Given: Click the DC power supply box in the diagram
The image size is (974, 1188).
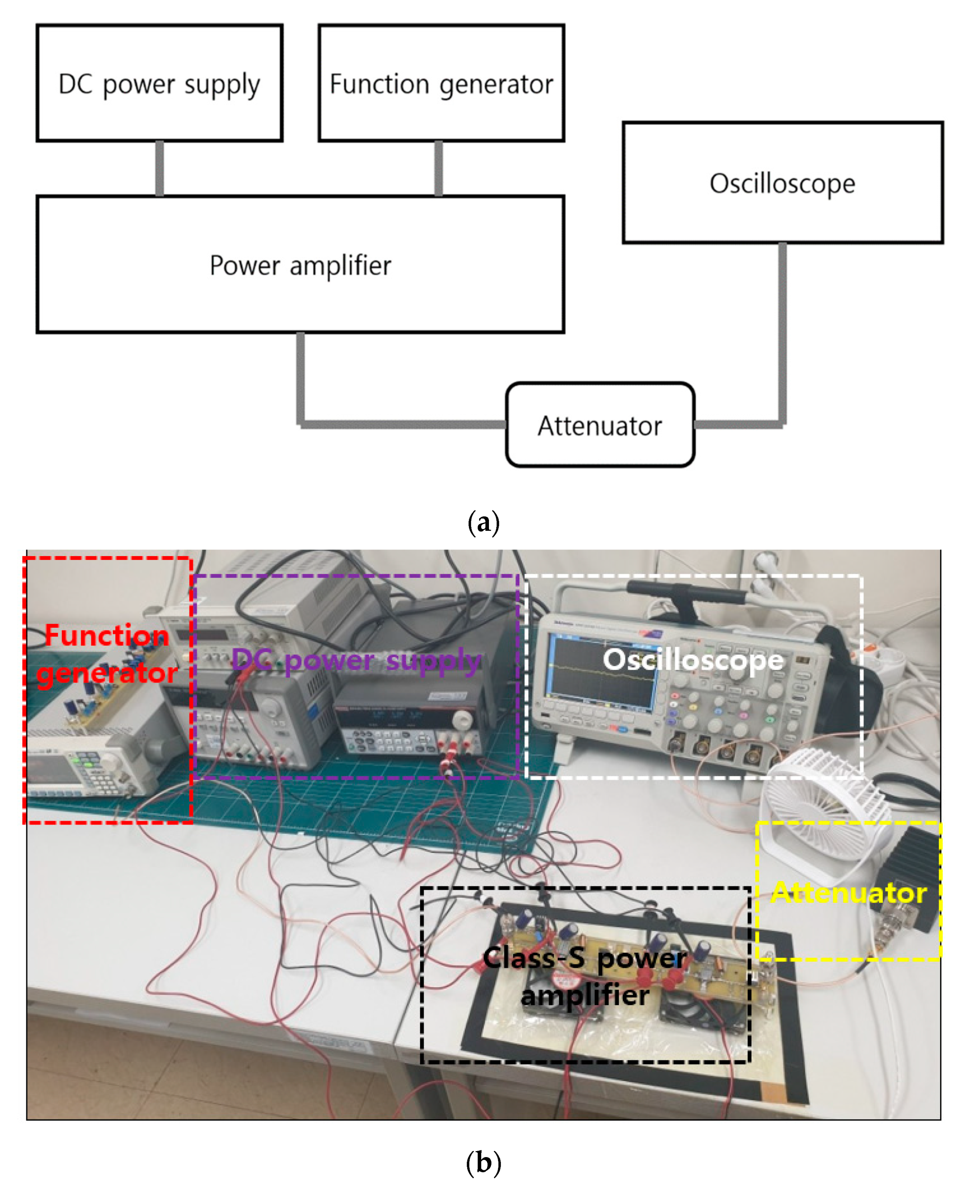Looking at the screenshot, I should click(x=159, y=83).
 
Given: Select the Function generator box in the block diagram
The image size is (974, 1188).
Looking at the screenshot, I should click(x=441, y=83).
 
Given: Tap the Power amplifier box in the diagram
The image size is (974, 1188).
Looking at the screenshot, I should click(x=300, y=265).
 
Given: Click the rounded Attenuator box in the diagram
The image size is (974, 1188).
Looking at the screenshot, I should click(x=600, y=425).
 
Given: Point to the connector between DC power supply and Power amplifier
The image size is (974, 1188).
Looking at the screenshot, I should click(x=159, y=168).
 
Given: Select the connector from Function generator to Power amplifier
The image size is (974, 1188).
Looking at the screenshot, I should click(x=439, y=168).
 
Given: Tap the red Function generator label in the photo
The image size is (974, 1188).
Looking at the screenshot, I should click(x=107, y=654).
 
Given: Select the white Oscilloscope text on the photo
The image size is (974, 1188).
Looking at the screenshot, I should click(x=693, y=659).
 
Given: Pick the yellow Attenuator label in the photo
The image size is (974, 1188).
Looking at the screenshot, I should click(x=848, y=893).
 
